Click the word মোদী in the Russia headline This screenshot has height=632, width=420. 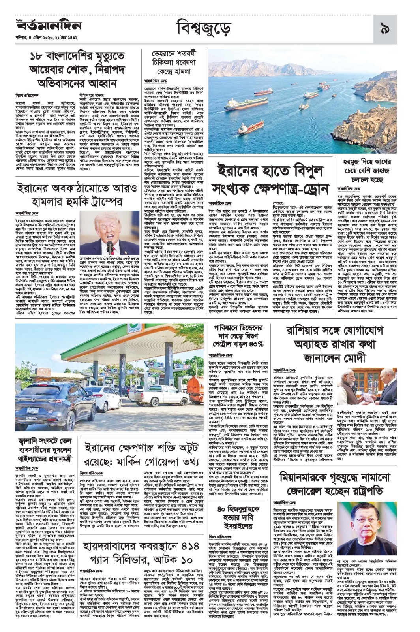[366, 358]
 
